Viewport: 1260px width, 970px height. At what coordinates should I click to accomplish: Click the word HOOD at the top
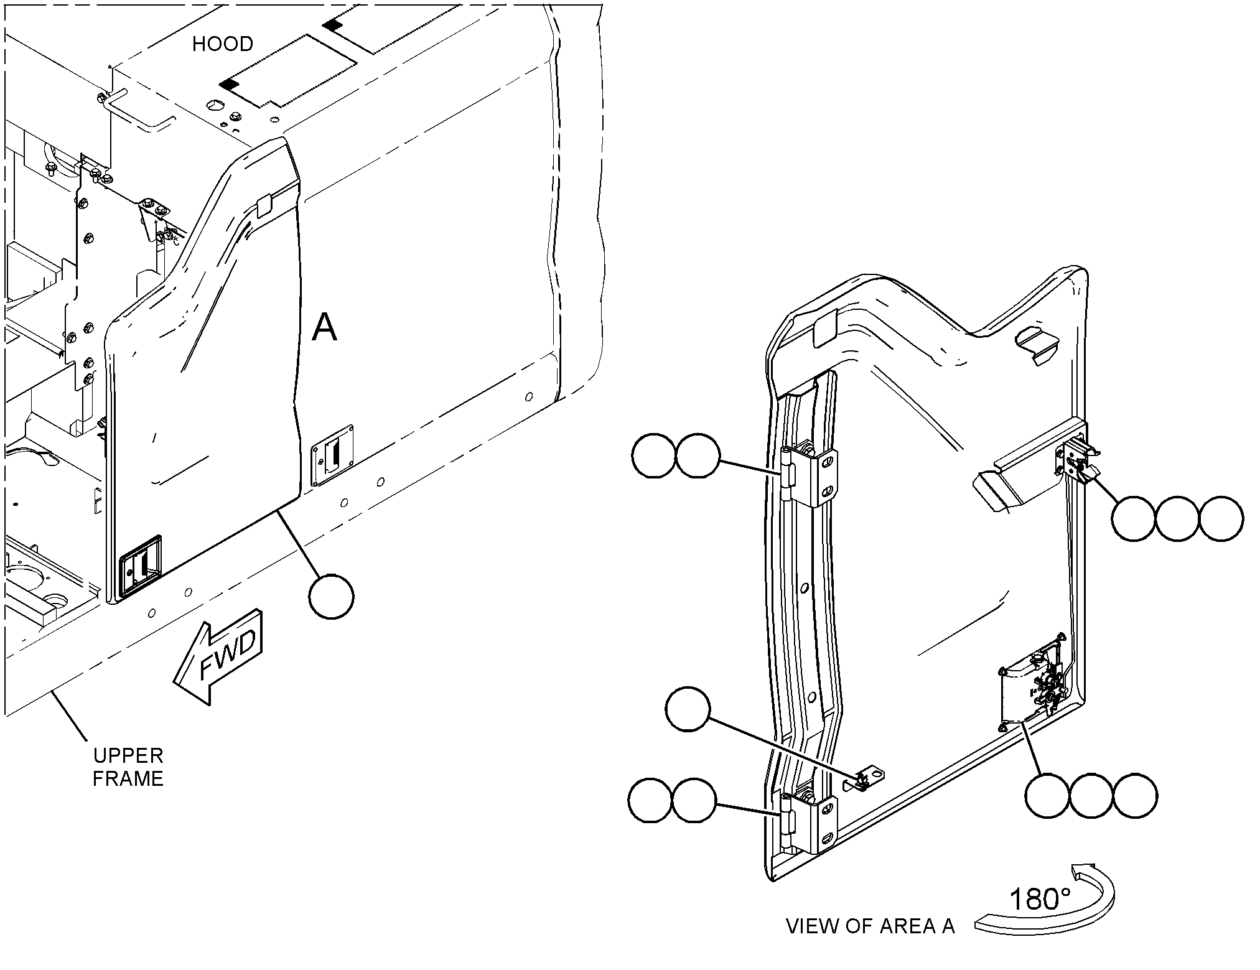click(x=223, y=44)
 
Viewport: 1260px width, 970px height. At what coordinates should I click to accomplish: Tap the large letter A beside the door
click(x=324, y=327)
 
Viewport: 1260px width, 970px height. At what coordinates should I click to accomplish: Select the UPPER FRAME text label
click(x=128, y=767)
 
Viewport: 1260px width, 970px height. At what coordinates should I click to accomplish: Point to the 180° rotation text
click(x=1039, y=900)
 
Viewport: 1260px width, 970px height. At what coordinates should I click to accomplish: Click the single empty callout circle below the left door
click(x=331, y=597)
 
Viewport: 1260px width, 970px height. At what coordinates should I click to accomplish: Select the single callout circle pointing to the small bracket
click(x=688, y=710)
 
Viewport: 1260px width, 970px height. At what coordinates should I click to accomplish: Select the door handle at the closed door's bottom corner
click(x=141, y=566)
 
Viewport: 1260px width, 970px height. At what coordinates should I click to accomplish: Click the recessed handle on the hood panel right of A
click(x=332, y=455)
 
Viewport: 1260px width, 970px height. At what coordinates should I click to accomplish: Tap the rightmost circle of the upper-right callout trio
click(x=1221, y=518)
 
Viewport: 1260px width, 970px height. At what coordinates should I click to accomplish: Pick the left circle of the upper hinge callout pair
click(x=654, y=455)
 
